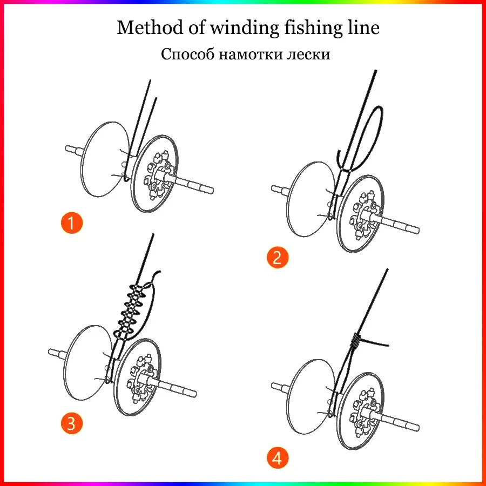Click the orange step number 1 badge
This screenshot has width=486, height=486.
(72, 222)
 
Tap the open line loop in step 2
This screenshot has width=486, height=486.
(373, 135)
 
